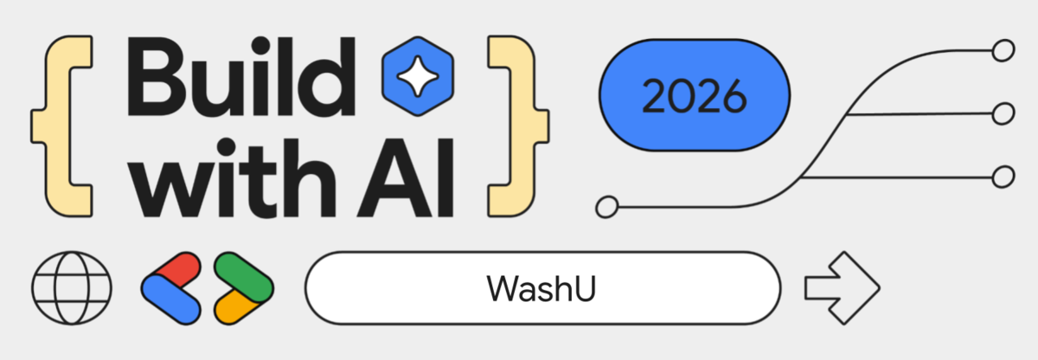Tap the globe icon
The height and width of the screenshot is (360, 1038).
[x=72, y=286]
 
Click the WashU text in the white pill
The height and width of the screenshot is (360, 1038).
[x=542, y=288]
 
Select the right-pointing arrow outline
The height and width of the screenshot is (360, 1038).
[x=840, y=287]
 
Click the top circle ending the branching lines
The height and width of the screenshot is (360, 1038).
[x=1003, y=51]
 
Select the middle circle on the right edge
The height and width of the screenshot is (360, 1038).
[x=1003, y=113]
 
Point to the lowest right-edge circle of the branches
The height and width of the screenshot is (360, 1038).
[x=1003, y=177]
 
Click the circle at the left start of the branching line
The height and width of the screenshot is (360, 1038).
[x=607, y=208]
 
